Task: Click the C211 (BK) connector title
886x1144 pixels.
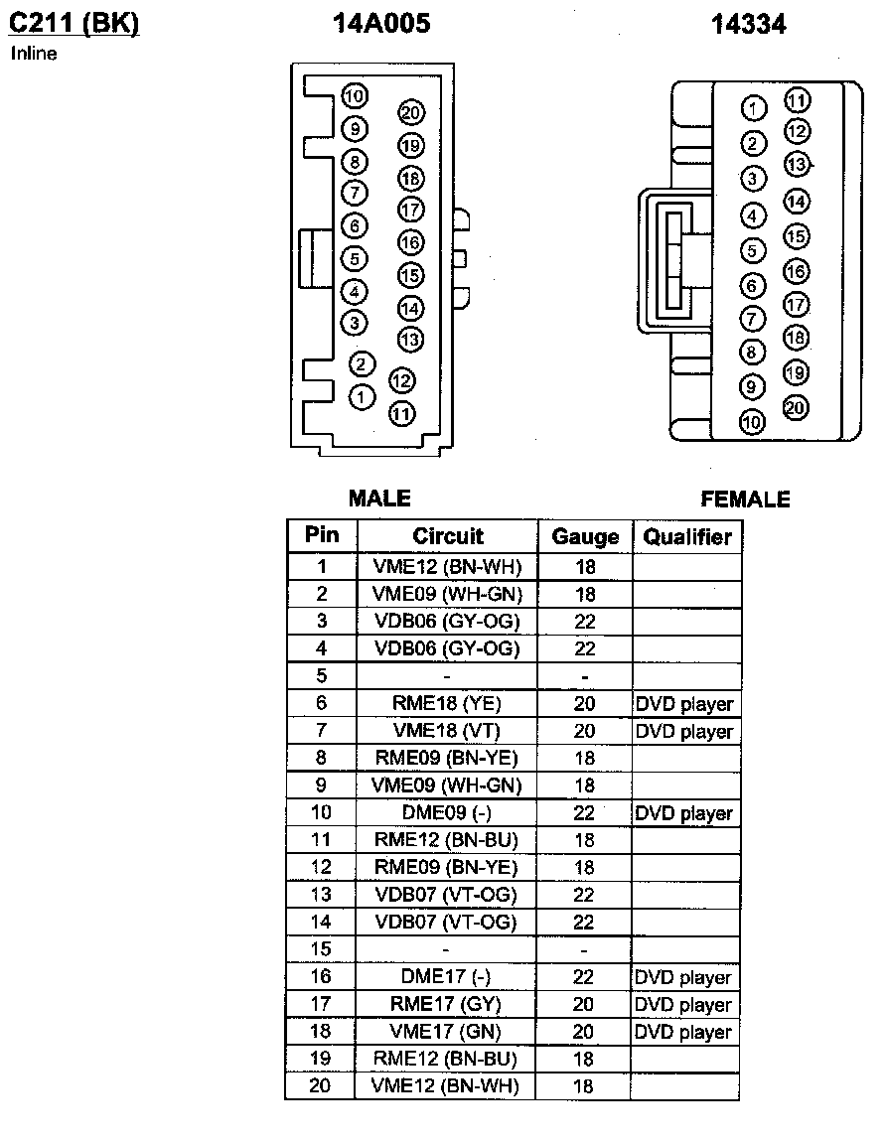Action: click(x=74, y=23)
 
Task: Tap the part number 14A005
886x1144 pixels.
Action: click(x=382, y=24)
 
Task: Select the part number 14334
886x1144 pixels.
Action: click(x=748, y=25)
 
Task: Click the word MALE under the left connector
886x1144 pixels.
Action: click(x=379, y=499)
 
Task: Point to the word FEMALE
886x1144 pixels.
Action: click(x=745, y=500)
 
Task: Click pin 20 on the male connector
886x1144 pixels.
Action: click(x=411, y=113)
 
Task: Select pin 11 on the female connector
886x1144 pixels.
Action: click(x=797, y=100)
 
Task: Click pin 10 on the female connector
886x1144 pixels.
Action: click(x=753, y=422)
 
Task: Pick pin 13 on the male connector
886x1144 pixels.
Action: click(x=410, y=339)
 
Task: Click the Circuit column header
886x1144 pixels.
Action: click(x=448, y=536)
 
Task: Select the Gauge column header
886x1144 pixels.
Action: click(x=585, y=537)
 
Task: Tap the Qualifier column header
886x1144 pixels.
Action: click(x=687, y=537)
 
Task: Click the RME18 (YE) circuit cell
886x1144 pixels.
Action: click(x=447, y=703)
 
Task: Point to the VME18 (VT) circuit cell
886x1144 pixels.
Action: click(x=447, y=731)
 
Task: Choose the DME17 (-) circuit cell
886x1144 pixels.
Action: click(x=447, y=977)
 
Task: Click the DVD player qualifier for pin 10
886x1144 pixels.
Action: click(x=684, y=813)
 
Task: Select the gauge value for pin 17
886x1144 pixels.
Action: click(x=584, y=1005)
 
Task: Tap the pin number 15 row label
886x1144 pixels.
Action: click(x=321, y=949)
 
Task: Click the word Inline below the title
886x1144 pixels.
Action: click(x=34, y=54)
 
